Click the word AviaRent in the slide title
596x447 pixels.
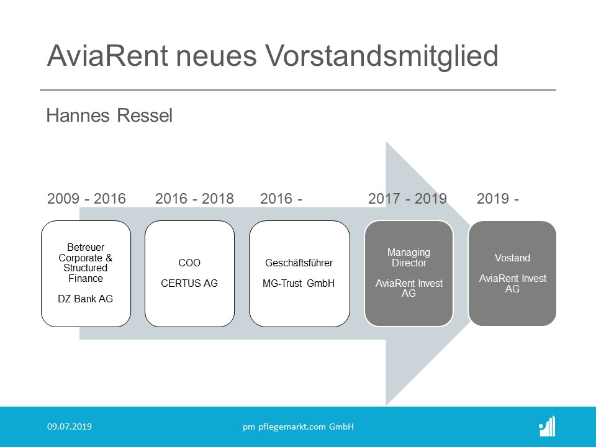107,55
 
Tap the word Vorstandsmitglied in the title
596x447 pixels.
382,55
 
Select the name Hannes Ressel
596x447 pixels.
109,115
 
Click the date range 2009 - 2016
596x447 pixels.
86,199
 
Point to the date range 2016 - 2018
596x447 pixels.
194,199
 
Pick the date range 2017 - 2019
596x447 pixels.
407,199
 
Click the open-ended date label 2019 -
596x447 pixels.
497,199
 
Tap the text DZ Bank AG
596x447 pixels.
86,299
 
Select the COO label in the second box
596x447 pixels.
189,263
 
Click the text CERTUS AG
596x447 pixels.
189,283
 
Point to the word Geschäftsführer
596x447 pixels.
299,263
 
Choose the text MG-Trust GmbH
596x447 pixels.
299,283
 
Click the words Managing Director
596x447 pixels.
409,257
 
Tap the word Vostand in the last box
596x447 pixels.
512,258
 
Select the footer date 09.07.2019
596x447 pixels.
70,427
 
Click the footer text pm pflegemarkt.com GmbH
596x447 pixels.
299,427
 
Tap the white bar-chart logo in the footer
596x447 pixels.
548,427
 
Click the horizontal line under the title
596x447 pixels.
298,90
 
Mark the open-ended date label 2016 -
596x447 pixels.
281,199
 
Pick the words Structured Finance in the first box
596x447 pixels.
86,273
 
